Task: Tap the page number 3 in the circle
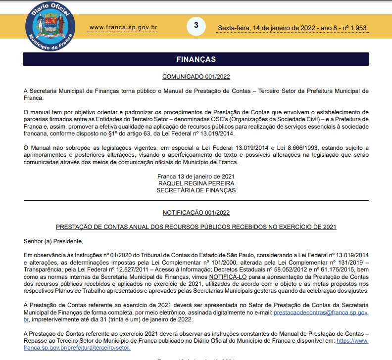pos(196,25)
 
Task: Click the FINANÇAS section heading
pos(196,59)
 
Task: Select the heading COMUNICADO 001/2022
pos(196,77)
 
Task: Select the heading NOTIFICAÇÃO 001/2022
pos(196,213)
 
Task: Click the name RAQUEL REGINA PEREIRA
pos(196,183)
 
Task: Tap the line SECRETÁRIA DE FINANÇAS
pos(196,190)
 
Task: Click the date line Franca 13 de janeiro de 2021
pos(196,177)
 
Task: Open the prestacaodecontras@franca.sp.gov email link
pos(321,313)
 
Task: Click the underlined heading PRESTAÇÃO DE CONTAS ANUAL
pos(196,227)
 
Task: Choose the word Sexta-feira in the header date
pos(234,28)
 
